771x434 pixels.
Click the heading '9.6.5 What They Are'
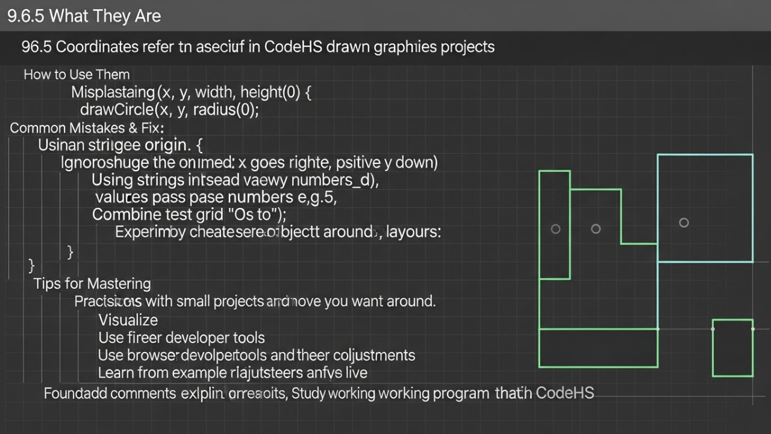click(84, 16)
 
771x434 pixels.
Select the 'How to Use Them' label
click(76, 75)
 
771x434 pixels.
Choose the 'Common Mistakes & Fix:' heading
click(87, 128)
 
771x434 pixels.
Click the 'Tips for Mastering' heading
click(92, 283)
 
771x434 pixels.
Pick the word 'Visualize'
click(128, 320)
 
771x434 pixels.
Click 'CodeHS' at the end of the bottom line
click(564, 393)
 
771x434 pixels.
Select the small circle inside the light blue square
click(684, 223)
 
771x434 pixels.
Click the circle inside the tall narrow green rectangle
click(555, 229)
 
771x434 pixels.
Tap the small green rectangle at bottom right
click(732, 348)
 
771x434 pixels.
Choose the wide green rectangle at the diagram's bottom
click(598, 348)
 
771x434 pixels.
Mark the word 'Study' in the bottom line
click(309, 394)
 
